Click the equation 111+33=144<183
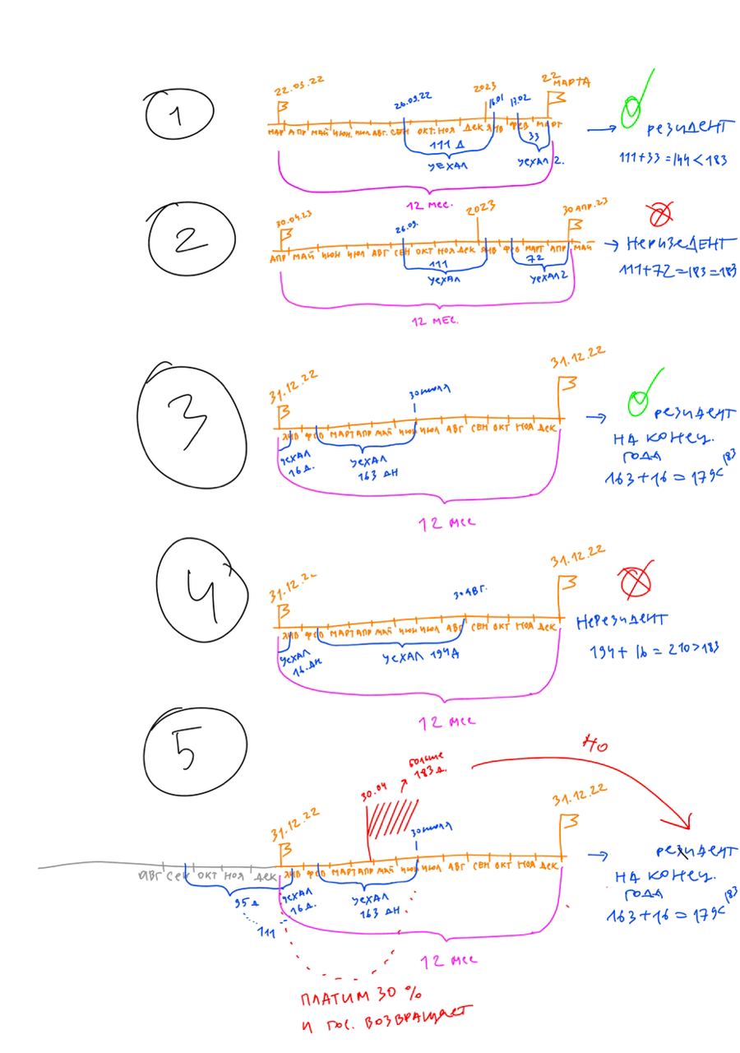pyautogui.click(x=673, y=160)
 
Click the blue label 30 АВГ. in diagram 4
pyautogui.click(x=471, y=593)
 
